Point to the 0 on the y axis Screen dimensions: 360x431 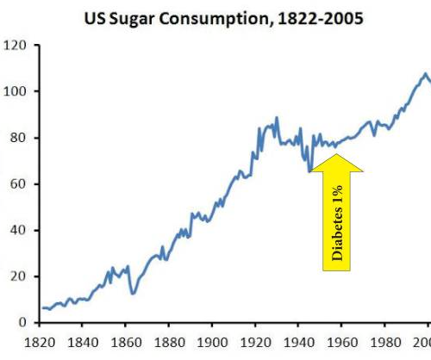click(21, 323)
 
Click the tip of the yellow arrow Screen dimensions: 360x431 click(338, 154)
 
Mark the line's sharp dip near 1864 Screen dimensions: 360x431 click(134, 294)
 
